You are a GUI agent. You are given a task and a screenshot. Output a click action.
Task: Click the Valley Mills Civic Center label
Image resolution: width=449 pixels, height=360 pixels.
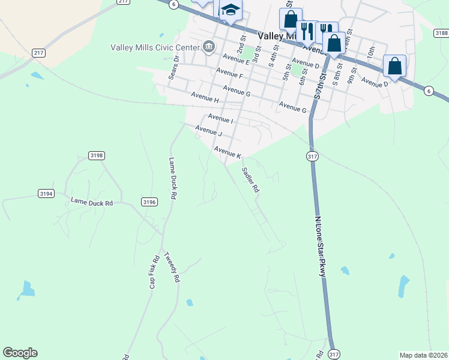pyautogui.click(x=155, y=47)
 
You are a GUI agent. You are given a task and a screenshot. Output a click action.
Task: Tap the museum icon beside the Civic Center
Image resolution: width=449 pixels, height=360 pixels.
pyautogui.click(x=209, y=46)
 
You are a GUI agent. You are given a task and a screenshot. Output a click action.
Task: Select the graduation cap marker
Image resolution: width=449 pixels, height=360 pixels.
pyautogui.click(x=229, y=10)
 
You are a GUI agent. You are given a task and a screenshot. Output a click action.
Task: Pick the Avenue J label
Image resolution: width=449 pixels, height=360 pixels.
pyautogui.click(x=209, y=130)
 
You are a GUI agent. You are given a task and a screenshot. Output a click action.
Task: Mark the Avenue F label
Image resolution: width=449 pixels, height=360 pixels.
pyautogui.click(x=229, y=76)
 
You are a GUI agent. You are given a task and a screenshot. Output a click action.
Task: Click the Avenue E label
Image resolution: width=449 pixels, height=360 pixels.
pyautogui.click(x=235, y=58)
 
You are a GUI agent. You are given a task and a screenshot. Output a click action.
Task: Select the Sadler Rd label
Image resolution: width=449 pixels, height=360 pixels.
pyautogui.click(x=250, y=179)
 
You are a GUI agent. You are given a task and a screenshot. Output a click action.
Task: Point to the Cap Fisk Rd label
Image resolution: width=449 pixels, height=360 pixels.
pyautogui.click(x=154, y=272)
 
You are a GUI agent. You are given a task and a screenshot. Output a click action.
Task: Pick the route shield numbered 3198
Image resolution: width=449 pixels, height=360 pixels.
pyautogui.click(x=97, y=155)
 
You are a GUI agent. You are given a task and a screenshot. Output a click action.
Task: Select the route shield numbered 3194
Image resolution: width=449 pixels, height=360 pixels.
pyautogui.click(x=46, y=193)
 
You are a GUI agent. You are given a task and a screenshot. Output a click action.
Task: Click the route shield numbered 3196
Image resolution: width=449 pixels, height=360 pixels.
pyautogui.click(x=149, y=202)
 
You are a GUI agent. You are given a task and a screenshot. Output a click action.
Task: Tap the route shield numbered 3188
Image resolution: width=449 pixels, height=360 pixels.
pyautogui.click(x=442, y=33)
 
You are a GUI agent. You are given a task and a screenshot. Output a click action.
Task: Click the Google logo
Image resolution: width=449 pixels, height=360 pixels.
pyautogui.click(x=20, y=353)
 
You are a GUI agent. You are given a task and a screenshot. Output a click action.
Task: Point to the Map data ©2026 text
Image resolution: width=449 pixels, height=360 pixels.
pyautogui.click(x=423, y=355)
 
